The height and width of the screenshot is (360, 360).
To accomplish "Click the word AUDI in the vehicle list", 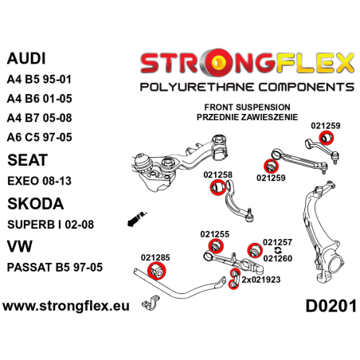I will [x=27, y=58].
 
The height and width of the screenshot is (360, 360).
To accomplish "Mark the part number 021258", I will [x=217, y=151].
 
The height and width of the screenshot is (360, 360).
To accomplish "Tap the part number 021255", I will [x=214, y=212].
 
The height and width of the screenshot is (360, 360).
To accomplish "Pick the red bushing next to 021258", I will [x=215, y=165].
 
